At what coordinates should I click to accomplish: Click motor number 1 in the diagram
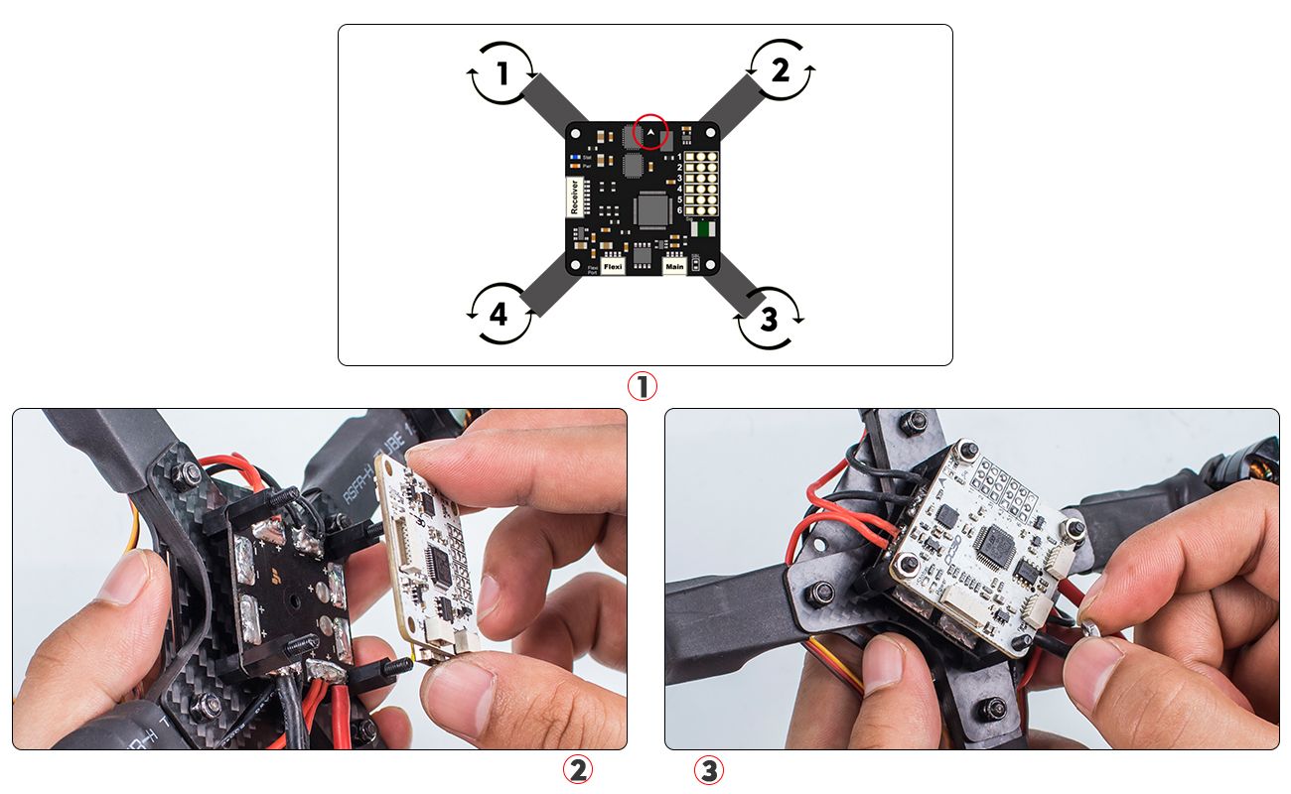tap(502, 73)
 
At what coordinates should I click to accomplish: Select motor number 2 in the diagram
tap(781, 70)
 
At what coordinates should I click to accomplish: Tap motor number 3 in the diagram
tap(768, 319)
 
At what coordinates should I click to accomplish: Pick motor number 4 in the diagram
tap(499, 315)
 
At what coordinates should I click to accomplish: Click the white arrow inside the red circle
tap(650, 131)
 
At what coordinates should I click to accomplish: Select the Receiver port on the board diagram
tap(574, 197)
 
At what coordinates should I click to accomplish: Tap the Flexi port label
tap(613, 267)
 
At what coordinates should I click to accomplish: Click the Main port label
tap(674, 267)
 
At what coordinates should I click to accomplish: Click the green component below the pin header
tap(703, 230)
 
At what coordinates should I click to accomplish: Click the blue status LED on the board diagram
tap(575, 157)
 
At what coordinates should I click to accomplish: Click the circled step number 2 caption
tap(577, 769)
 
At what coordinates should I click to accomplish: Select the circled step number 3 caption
tap(707, 769)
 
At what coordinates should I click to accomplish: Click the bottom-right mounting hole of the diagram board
tap(709, 265)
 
